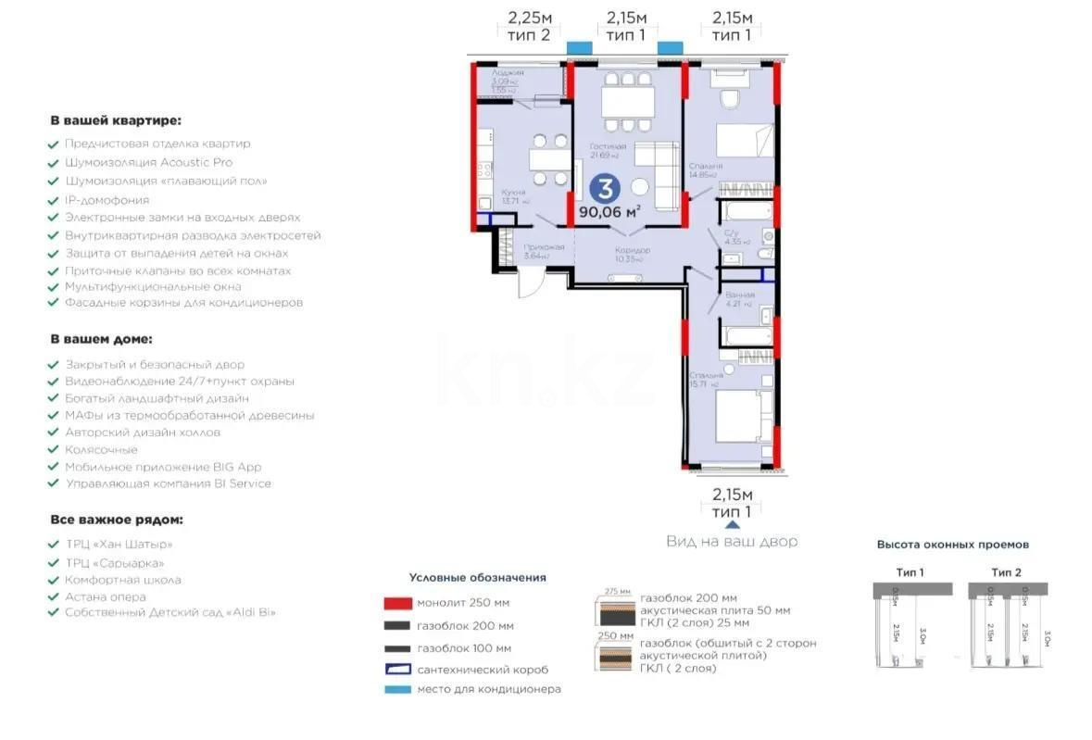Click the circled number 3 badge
click(x=605, y=190)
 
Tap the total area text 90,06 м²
click(x=610, y=211)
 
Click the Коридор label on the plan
click(x=633, y=250)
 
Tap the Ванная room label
click(x=740, y=295)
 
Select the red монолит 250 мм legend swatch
click(x=396, y=603)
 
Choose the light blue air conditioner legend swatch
click(x=396, y=689)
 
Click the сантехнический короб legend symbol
click(x=396, y=669)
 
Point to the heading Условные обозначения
click(x=477, y=578)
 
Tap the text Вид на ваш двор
click(x=731, y=542)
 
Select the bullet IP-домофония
click(x=107, y=199)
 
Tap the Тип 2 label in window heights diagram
click(x=1005, y=572)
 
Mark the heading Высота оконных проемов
click(x=952, y=545)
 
